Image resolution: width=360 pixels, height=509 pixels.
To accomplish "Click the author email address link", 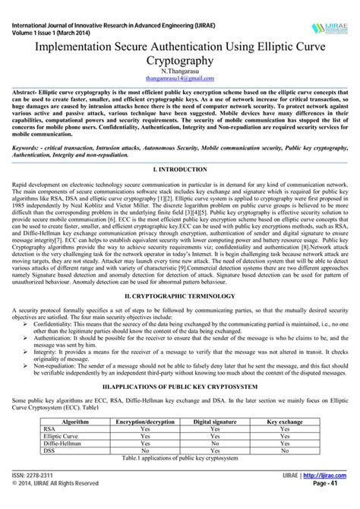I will click(x=180, y=77).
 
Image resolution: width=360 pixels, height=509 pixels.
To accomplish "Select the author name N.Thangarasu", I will click(x=180, y=70).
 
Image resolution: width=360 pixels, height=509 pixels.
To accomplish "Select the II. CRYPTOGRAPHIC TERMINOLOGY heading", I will click(x=180, y=293).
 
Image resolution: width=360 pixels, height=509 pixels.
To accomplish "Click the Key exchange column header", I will click(x=285, y=420).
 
